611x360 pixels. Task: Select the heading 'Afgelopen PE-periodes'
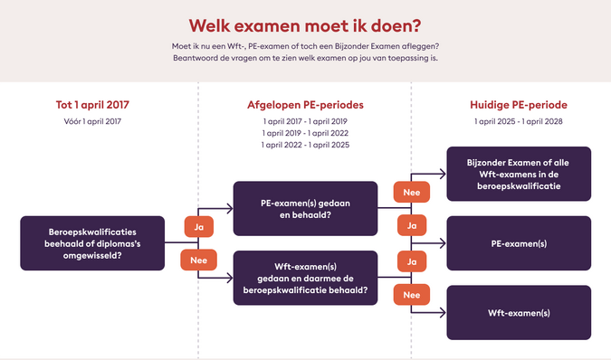pos(305,105)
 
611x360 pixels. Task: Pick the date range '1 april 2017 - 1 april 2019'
pos(305,121)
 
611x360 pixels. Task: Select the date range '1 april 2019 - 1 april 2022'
pos(305,133)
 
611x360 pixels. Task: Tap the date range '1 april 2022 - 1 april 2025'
pos(305,145)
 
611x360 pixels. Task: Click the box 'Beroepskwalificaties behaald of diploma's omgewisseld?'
pos(92,242)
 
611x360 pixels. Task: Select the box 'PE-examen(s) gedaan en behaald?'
pos(304,209)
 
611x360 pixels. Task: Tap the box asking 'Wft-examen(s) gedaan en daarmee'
pos(304,278)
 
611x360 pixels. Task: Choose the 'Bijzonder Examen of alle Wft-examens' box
pos(519,174)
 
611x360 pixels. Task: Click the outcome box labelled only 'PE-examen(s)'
pos(519,243)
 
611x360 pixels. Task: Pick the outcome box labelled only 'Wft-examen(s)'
pos(519,312)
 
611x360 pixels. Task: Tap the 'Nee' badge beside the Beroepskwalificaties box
pos(198,261)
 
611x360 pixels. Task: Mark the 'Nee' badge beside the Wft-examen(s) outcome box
pos(411,295)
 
